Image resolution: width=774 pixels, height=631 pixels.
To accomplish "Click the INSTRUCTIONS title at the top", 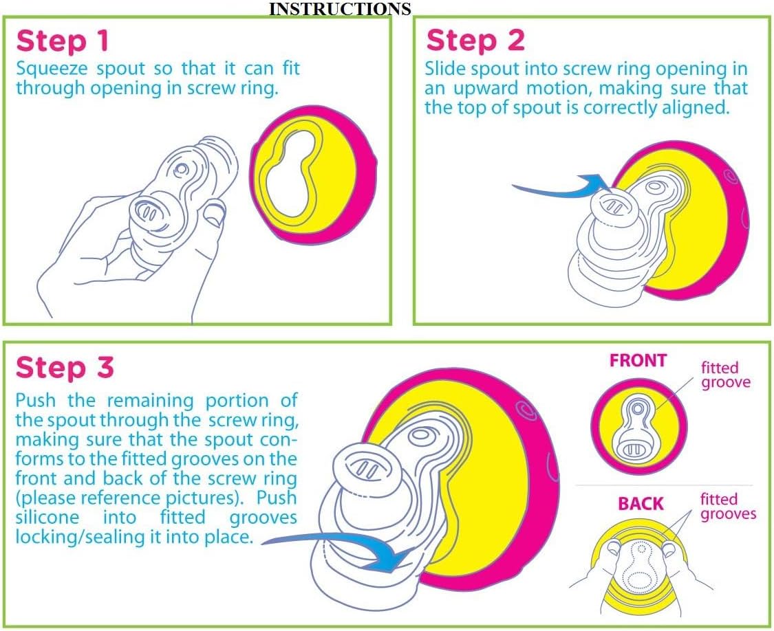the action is click(340, 9).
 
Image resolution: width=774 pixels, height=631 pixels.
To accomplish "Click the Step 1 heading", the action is click(62, 41).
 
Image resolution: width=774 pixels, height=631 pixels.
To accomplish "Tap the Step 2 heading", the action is click(475, 40).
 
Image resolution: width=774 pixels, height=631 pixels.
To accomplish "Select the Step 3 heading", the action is click(65, 368).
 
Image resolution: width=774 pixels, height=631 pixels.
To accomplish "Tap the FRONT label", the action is click(638, 361).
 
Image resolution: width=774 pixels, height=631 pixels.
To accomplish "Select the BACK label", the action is click(641, 504).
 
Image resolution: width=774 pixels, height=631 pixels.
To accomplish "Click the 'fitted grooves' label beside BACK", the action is click(728, 507).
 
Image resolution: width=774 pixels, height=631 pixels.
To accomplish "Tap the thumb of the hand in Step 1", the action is click(215, 212).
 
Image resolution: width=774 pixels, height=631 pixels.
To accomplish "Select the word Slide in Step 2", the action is click(446, 69).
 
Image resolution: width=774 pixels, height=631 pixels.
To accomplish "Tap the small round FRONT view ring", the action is click(638, 426).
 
